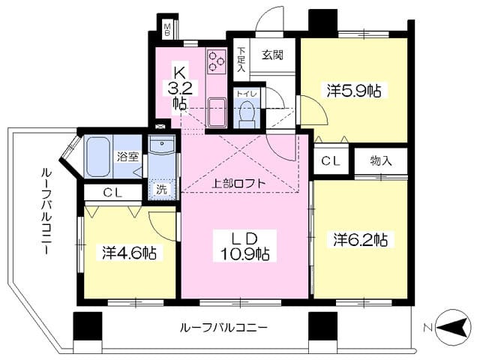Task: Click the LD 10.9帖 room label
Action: point(245,246)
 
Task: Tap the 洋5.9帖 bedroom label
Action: point(354,91)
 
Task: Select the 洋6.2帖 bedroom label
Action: point(361,240)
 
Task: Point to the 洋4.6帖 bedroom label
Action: point(130,253)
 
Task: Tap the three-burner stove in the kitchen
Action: point(217,61)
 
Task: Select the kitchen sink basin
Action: point(217,112)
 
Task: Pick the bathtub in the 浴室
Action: point(98,156)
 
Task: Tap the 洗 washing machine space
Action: point(162,189)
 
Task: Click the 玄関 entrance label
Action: point(272,55)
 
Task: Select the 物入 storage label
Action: point(381,160)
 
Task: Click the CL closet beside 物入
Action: point(331,160)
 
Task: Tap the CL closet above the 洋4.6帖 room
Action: point(112,193)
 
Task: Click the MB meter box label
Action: point(167,29)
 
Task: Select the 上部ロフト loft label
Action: point(238,183)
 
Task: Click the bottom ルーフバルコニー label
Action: point(224,328)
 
